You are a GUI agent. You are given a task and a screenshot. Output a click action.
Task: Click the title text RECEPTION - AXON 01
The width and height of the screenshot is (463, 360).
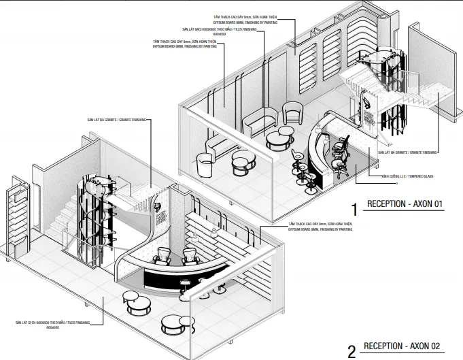(405, 203)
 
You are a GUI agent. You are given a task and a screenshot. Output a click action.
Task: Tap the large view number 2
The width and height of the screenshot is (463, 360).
(351, 351)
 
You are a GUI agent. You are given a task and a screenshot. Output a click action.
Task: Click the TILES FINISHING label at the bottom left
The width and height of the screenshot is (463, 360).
(52, 323)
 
